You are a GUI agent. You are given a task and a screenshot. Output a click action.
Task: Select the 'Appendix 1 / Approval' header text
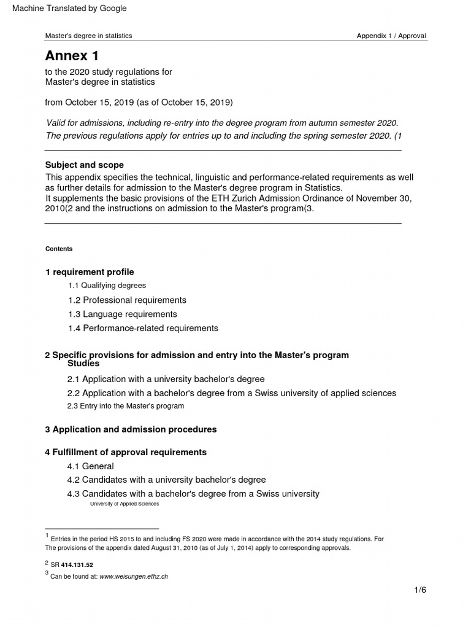[x=391, y=36]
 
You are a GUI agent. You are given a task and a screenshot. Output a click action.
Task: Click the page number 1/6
[x=419, y=590]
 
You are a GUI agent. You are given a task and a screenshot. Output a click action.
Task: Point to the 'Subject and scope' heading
[x=85, y=165]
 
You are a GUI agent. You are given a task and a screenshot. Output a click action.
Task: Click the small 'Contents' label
[x=59, y=249]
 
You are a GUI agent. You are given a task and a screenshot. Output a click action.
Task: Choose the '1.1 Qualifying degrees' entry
[x=107, y=286]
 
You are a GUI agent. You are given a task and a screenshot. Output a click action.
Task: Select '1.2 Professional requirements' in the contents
[x=127, y=300]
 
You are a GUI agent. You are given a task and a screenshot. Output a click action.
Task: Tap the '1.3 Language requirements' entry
[x=123, y=314]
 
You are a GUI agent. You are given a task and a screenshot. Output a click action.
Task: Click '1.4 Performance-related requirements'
[x=143, y=329]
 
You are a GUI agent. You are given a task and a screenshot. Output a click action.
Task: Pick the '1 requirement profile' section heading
[x=90, y=272]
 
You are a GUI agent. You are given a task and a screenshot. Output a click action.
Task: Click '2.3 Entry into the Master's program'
[x=125, y=406]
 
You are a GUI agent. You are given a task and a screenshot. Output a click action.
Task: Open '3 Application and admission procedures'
[x=131, y=429]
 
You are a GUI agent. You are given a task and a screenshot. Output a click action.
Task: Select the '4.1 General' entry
[x=90, y=466]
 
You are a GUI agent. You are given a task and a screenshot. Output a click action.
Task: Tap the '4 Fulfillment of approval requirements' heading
[x=126, y=452]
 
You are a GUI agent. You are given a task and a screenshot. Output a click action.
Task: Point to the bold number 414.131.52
[x=77, y=565]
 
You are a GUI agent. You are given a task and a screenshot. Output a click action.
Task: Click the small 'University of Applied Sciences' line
[x=124, y=504]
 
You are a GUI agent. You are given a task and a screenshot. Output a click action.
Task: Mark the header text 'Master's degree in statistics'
[x=89, y=36]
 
